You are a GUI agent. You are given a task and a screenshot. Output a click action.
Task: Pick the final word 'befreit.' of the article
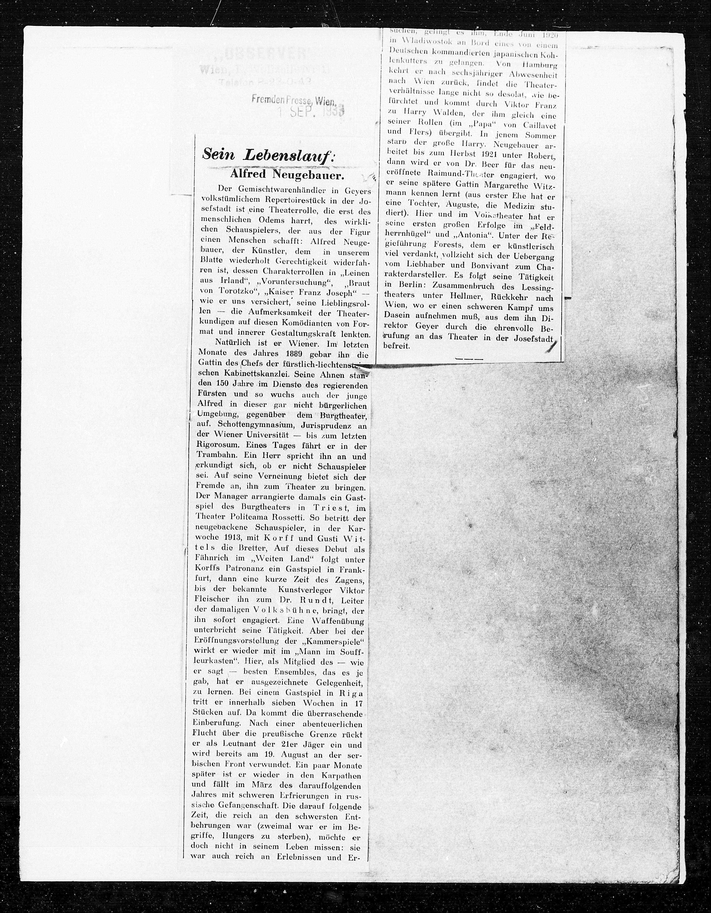tap(397, 346)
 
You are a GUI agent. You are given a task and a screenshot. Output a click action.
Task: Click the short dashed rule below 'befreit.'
tap(469, 359)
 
